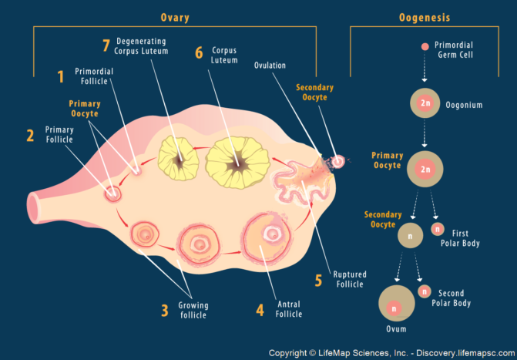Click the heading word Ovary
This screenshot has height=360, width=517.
pyautogui.click(x=175, y=17)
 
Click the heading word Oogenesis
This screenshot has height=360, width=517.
pyautogui.click(x=425, y=17)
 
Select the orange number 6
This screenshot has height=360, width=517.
pyautogui.click(x=199, y=53)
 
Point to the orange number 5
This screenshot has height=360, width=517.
pyautogui.click(x=318, y=279)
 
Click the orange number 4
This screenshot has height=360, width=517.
pyautogui.click(x=260, y=310)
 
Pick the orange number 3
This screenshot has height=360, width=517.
pyautogui.click(x=164, y=310)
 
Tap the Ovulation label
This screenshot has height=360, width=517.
pyautogui.click(x=270, y=66)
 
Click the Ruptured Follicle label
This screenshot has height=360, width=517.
pyautogui.click(x=349, y=278)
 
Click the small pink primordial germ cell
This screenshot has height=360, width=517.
pyautogui.click(x=425, y=47)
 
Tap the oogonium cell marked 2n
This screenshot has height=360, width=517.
pyautogui.click(x=425, y=103)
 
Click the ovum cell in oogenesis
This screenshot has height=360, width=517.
pyautogui.click(x=394, y=307)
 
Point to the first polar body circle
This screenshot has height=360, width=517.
pyautogui.click(x=438, y=228)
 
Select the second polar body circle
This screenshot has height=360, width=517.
pyautogui.click(x=423, y=291)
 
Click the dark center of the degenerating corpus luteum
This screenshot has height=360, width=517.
pyautogui.click(x=180, y=160)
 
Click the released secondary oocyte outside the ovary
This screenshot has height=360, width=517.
pyautogui.click(x=337, y=161)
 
